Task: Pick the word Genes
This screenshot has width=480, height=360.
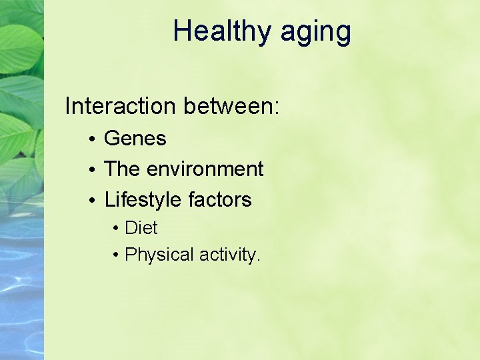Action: pos(135,139)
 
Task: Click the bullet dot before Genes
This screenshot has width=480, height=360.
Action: pos(92,139)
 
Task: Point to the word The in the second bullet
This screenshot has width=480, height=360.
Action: pos(122,169)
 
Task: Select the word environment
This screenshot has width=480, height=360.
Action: pos(205,169)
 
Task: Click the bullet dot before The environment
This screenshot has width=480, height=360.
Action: pos(92,170)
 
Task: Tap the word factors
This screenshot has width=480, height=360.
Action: pos(220,199)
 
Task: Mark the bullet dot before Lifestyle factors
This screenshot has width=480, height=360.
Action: pos(92,201)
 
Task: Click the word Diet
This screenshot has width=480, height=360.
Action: pos(141,228)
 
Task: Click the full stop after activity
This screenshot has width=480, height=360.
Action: pos(258,260)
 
